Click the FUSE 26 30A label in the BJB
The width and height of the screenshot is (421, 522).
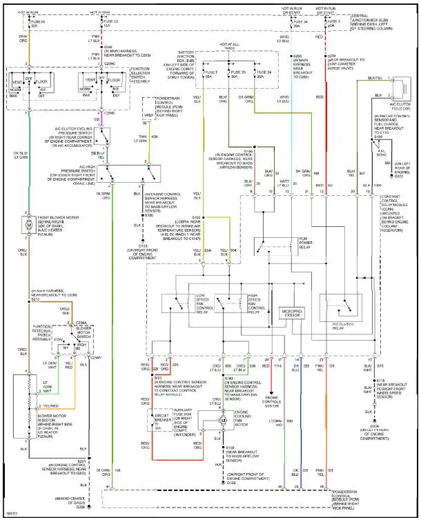click(239, 75)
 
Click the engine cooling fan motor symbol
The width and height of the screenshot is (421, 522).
click(222, 419)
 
